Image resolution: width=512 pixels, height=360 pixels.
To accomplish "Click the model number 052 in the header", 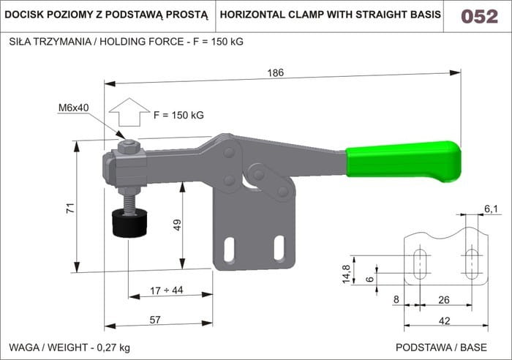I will click(x=479, y=16).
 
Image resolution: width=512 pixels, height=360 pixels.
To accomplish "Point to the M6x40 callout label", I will click(x=74, y=108).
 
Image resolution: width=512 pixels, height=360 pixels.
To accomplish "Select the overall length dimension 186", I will click(x=275, y=72).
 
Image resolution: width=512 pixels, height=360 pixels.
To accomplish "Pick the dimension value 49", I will click(x=177, y=225).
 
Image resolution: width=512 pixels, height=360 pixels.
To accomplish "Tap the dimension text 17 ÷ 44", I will click(x=166, y=290).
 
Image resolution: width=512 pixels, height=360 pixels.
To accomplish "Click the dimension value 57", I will click(x=155, y=319).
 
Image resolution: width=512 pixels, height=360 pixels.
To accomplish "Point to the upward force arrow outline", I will click(x=129, y=113).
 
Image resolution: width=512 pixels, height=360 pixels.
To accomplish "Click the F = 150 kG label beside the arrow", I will click(x=178, y=115).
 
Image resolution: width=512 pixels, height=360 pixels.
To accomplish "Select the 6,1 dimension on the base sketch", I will click(x=491, y=209).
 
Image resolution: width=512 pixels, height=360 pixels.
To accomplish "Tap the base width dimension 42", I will click(x=445, y=319).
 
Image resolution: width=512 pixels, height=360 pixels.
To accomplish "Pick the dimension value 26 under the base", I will click(x=443, y=299).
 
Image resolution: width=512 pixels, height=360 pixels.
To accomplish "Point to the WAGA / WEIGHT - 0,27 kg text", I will click(x=69, y=346).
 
